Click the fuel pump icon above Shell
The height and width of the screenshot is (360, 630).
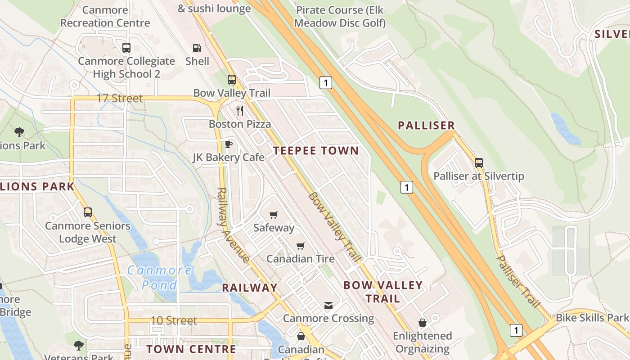coord(197,48)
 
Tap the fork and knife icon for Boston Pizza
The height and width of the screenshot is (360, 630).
coord(240,110)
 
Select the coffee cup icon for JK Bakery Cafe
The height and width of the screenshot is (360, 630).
coord(228,144)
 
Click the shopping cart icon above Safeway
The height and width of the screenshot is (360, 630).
coord(273,215)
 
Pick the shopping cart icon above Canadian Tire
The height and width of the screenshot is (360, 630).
coord(300,246)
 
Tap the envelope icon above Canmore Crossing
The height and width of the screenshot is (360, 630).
coord(328,306)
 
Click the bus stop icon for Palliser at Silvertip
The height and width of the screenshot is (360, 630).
coord(479,163)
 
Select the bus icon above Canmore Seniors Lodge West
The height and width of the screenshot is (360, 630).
coord(88,212)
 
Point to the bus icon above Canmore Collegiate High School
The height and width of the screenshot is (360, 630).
coord(126,48)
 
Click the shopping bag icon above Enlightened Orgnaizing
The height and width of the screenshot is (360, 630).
coord(422,323)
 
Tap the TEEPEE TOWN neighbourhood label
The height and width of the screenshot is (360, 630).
coord(316,151)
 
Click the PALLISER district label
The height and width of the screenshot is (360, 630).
coord(426,126)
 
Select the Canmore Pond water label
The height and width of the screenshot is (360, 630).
coord(159,277)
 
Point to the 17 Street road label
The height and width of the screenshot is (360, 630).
coord(120,98)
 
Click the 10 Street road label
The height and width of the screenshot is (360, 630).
coord(174,320)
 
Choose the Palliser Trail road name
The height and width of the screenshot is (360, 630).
coord(517,281)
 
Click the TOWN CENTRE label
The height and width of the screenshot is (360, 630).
coord(191,349)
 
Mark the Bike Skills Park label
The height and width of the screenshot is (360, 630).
coord(592,318)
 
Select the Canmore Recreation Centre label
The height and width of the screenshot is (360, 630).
coord(105,16)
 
